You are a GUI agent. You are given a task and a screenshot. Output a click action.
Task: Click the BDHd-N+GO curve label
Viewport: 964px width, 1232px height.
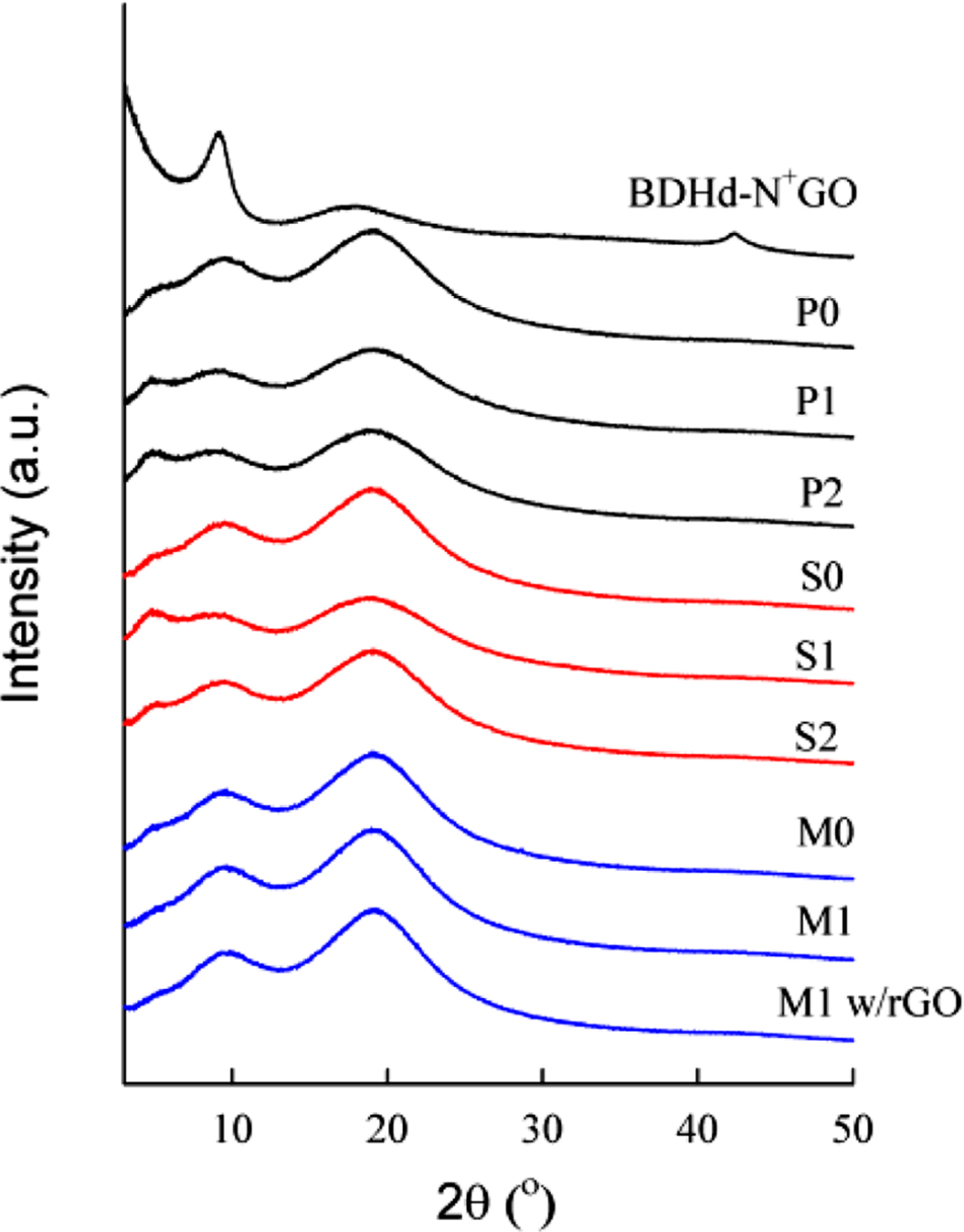[742, 193]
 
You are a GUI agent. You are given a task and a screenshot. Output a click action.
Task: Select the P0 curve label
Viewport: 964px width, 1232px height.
[816, 313]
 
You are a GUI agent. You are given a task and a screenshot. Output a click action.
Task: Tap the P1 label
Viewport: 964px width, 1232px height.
[815, 400]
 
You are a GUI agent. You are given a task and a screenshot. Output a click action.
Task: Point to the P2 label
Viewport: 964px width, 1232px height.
[821, 493]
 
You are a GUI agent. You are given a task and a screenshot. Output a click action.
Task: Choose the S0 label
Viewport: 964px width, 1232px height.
[821, 577]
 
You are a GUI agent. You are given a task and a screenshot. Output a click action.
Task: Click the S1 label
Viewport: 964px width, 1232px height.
[814, 655]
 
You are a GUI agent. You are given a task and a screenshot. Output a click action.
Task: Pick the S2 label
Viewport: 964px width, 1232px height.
[815, 736]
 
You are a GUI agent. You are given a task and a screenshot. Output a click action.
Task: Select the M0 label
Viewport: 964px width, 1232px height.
[825, 832]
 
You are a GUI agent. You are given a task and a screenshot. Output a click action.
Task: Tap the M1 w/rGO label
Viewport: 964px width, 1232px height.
[869, 1003]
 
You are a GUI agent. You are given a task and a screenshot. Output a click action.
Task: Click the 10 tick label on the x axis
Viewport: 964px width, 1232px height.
[232, 1130]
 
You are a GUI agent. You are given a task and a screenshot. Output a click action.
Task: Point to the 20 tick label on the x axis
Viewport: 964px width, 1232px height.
[387, 1130]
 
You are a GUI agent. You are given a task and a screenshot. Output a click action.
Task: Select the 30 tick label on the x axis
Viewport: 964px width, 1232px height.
[543, 1130]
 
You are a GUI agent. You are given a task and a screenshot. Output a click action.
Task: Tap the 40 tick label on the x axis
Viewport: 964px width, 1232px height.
[697, 1130]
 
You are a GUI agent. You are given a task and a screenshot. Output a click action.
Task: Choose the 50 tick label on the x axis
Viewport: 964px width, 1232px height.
[852, 1130]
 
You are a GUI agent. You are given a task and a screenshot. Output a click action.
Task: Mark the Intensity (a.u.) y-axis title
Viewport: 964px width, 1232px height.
[25, 545]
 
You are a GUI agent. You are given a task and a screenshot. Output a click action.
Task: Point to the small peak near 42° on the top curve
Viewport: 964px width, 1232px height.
[733, 235]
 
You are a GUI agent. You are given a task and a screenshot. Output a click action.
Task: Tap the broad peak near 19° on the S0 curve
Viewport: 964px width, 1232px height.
[372, 489]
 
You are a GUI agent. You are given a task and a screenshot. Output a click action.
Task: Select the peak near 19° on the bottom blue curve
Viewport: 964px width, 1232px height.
[373, 910]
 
